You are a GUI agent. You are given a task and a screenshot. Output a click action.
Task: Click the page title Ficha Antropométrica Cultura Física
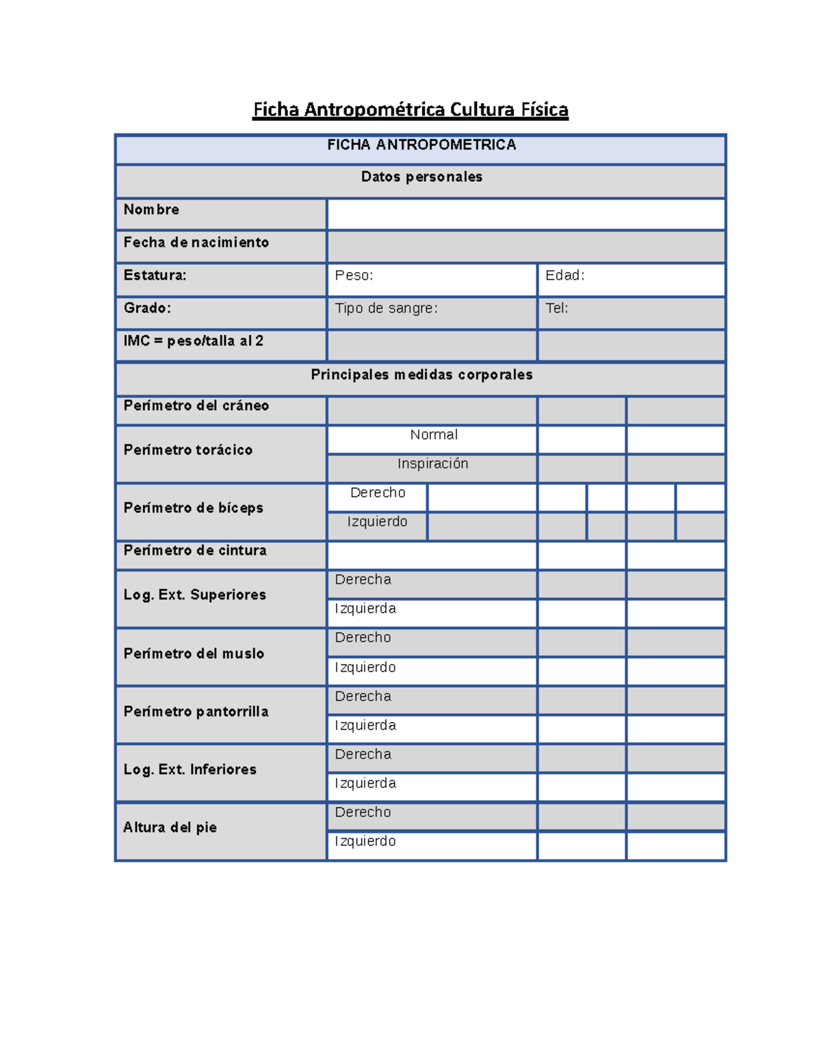click(x=410, y=109)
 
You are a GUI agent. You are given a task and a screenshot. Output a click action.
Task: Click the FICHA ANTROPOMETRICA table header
click(x=421, y=145)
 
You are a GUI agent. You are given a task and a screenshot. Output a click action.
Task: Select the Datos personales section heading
click(x=421, y=177)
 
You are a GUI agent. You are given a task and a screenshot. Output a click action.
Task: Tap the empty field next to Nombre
click(x=525, y=214)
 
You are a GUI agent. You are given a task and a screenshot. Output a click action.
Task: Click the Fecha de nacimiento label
click(x=196, y=243)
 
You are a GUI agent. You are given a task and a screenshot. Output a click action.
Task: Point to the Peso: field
click(x=432, y=279)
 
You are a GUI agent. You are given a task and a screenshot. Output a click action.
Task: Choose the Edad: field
click(x=631, y=279)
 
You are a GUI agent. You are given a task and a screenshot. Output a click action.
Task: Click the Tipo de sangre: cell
click(x=432, y=312)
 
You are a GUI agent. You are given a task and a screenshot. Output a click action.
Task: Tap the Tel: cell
click(x=631, y=312)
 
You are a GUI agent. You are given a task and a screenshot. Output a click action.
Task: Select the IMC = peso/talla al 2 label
click(x=194, y=341)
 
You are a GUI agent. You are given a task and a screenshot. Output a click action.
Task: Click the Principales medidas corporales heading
click(x=421, y=375)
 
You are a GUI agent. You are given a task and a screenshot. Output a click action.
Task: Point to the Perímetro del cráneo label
click(x=196, y=406)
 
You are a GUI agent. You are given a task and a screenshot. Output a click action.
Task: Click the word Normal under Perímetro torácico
click(x=434, y=435)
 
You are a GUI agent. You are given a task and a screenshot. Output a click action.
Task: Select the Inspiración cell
click(x=432, y=464)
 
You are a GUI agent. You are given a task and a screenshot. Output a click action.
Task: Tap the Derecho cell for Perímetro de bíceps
click(x=378, y=493)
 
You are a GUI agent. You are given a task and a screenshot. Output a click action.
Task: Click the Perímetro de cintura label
click(x=195, y=551)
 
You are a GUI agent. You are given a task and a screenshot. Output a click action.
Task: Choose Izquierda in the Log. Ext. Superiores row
click(x=365, y=609)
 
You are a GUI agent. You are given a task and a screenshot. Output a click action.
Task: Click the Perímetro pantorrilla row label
click(x=196, y=712)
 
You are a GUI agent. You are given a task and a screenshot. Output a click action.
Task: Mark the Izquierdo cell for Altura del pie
click(x=365, y=842)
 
